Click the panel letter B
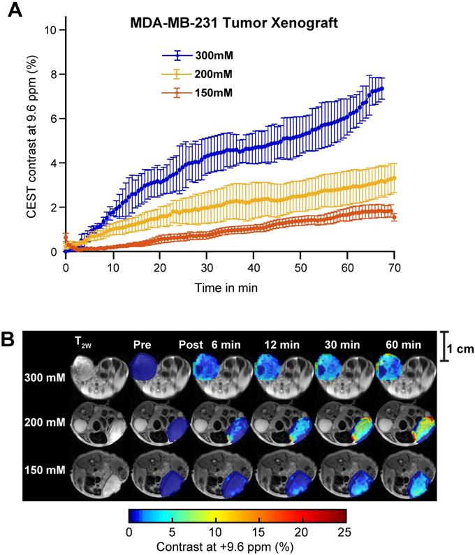click(x=10, y=342)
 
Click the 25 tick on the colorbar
click(x=344, y=531)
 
